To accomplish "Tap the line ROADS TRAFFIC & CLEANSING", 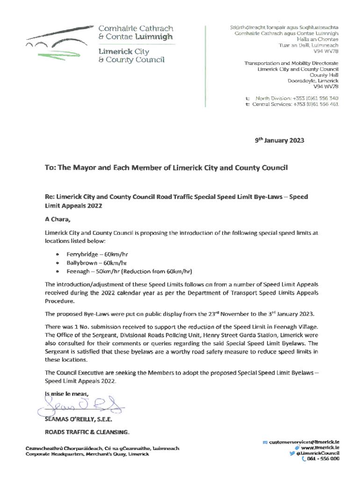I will [x=86, y=431].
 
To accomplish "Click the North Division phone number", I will [x=315, y=98].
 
